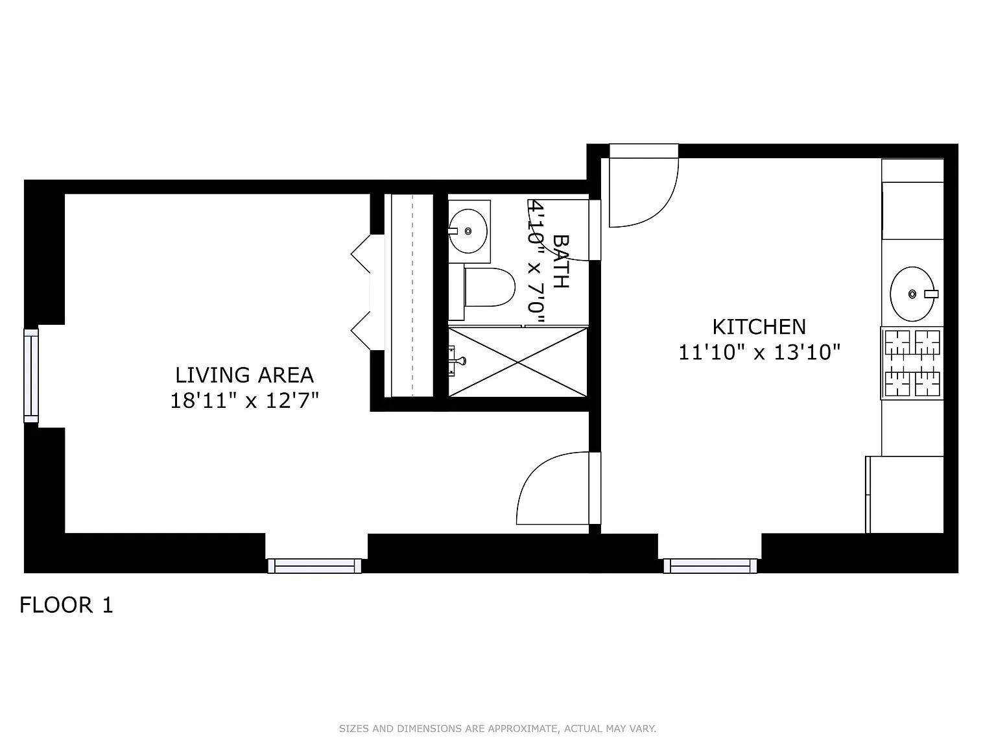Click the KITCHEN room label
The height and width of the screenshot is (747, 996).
[759, 326]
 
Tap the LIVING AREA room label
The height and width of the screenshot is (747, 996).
[244, 375]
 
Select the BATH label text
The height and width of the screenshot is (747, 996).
[560, 261]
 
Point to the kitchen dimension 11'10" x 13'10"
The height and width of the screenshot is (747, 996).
[759, 353]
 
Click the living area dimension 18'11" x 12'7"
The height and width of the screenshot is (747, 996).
[244, 401]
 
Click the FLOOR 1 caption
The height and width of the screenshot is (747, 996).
[66, 605]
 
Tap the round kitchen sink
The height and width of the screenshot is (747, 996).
[912, 294]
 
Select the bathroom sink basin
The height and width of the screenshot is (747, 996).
[468, 230]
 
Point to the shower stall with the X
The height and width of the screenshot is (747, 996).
[517, 362]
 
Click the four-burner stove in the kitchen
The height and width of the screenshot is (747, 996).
[912, 363]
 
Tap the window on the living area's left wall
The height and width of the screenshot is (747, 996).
[31, 375]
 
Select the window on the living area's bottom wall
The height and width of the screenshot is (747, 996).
[315, 566]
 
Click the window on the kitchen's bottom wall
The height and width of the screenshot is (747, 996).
[710, 566]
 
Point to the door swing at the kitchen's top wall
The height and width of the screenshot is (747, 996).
[643, 188]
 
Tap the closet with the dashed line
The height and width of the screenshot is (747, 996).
[412, 295]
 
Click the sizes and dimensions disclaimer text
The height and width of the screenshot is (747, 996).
[497, 729]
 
